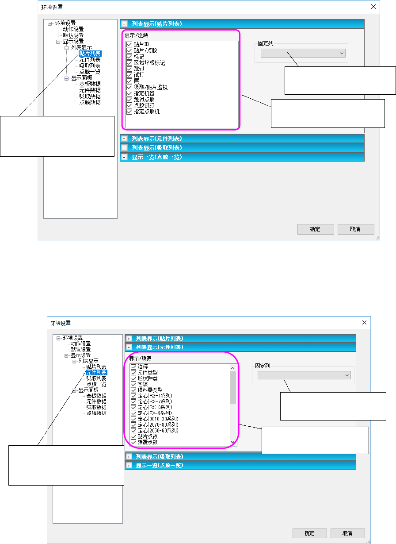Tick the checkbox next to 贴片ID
pyautogui.click(x=129, y=45)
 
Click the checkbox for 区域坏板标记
pyautogui.click(x=129, y=63)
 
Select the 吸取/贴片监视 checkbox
pyautogui.click(x=129, y=88)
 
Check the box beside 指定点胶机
pyautogui.click(x=129, y=112)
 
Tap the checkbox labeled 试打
pyautogui.click(x=129, y=75)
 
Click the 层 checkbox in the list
pyautogui.click(x=129, y=81)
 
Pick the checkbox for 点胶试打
pyautogui.click(x=129, y=106)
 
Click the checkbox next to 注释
pyautogui.click(x=133, y=367)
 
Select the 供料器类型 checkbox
pyautogui.click(x=133, y=390)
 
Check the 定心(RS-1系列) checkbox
pyautogui.click(x=133, y=396)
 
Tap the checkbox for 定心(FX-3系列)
pyautogui.click(x=133, y=413)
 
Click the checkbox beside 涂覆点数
pyautogui.click(x=133, y=442)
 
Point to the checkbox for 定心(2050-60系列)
pyautogui.click(x=133, y=430)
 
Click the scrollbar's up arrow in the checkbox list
pyautogui.click(x=233, y=368)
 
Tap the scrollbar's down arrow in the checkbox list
pyautogui.click(x=233, y=442)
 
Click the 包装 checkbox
pyautogui.click(x=133, y=384)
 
